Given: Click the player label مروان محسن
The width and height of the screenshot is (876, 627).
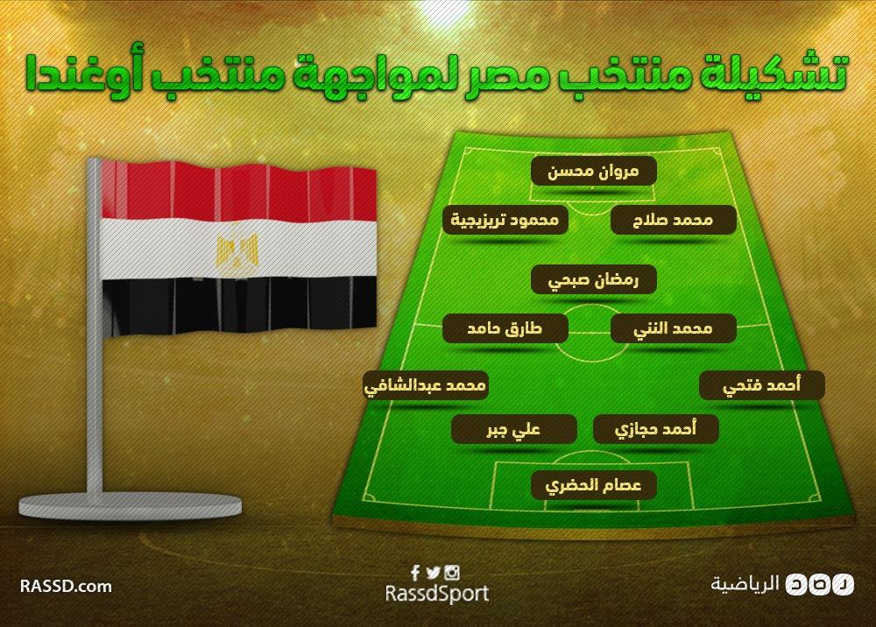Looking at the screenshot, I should (593, 170).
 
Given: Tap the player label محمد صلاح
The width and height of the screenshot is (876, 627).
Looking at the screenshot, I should (674, 220).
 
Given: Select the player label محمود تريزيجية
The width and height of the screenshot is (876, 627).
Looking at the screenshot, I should (506, 220).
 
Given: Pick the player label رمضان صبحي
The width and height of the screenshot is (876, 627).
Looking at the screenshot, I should (593, 280).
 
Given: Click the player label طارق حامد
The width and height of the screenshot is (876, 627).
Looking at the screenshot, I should (506, 328).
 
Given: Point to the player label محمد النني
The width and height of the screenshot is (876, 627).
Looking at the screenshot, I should (673, 328).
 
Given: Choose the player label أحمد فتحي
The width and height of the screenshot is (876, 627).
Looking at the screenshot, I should (761, 384).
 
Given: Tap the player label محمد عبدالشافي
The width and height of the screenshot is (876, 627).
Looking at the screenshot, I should (426, 385).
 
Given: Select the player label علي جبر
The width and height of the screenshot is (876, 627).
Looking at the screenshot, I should (513, 429).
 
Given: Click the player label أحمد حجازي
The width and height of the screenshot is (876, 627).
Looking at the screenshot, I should (655, 429).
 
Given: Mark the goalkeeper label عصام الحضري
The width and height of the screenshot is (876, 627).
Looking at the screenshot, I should (593, 484).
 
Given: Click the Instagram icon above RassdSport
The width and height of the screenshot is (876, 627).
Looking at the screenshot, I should (452, 574).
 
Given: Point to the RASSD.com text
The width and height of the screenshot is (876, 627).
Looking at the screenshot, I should (66, 585).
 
